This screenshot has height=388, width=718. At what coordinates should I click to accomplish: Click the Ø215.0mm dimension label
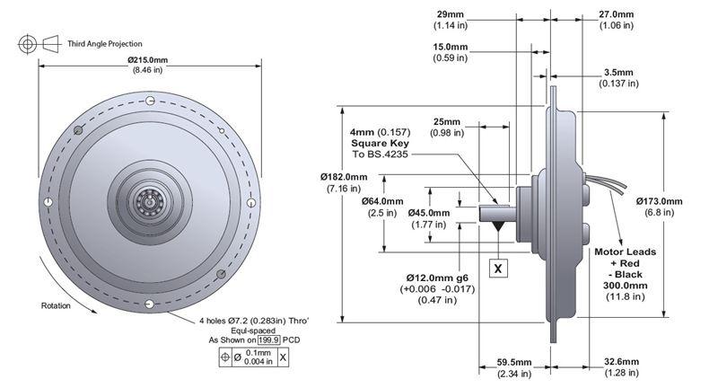coord(150,60)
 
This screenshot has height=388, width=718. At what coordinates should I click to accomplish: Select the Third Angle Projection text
coord(105,43)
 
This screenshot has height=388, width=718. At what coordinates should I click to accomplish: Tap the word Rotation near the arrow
coord(55,305)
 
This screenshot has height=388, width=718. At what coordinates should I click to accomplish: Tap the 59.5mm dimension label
coord(516,363)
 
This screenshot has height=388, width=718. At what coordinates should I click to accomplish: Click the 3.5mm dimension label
coord(619,72)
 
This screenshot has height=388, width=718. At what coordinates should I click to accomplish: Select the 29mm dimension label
coord(451,14)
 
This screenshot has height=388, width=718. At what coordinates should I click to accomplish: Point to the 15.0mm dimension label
coord(451,47)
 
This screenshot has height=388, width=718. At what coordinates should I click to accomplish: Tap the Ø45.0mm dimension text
coord(429,213)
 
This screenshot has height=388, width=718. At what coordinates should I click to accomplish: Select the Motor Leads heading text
coord(626,252)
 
